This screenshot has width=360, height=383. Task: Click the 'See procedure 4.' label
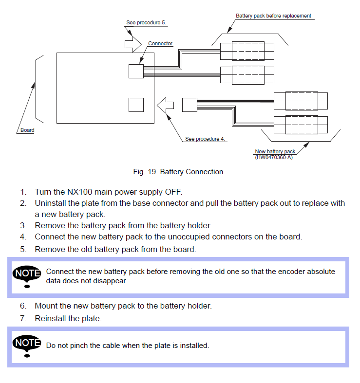(x=205, y=139)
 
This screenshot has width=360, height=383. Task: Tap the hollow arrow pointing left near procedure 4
(x=166, y=104)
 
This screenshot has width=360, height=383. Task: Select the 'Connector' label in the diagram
(x=160, y=44)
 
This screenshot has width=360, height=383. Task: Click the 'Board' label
(x=27, y=130)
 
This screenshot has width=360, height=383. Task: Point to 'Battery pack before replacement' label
(x=273, y=16)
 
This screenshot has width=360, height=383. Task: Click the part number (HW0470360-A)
(x=273, y=157)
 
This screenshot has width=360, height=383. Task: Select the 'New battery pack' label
(x=275, y=152)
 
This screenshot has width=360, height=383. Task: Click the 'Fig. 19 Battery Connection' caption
(x=178, y=172)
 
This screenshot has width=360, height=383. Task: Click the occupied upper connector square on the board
(x=136, y=71)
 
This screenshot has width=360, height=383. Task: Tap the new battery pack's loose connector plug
(x=189, y=105)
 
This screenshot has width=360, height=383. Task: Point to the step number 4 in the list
(x=23, y=237)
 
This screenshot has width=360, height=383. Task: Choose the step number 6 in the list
(x=23, y=306)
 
